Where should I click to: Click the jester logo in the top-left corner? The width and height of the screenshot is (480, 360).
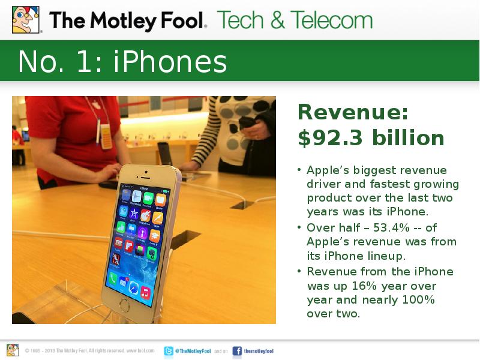[x=26, y=20]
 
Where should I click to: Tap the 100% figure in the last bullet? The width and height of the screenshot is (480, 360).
[x=417, y=299]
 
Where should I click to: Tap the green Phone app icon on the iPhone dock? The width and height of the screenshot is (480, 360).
[x=113, y=277]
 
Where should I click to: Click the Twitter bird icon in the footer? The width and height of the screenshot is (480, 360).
[x=169, y=351]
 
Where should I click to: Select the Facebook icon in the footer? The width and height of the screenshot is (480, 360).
[x=237, y=351]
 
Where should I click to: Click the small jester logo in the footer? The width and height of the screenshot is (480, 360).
[x=13, y=350]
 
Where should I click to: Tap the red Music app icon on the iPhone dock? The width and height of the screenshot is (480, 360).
[x=145, y=293]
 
